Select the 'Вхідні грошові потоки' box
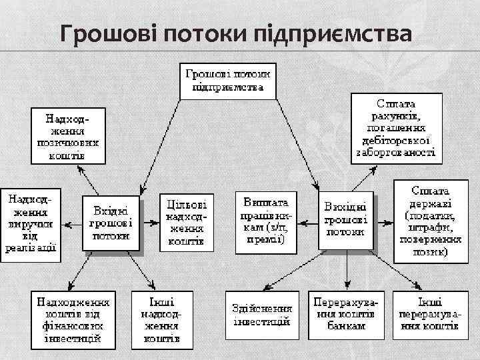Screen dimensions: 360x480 click(x=111, y=223)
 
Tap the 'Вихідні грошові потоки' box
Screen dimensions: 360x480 click(x=345, y=222)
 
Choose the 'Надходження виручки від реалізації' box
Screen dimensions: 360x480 click(x=31, y=223)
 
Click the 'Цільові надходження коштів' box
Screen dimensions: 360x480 click(x=186, y=222)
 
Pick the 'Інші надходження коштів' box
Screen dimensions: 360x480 click(x=162, y=320)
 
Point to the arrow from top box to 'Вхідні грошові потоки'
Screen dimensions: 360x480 click(x=160, y=147)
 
